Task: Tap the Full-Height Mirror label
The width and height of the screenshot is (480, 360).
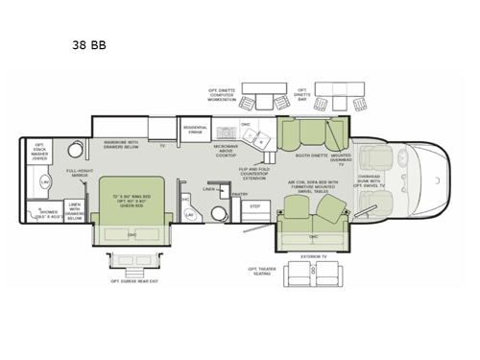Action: point(80,174)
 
